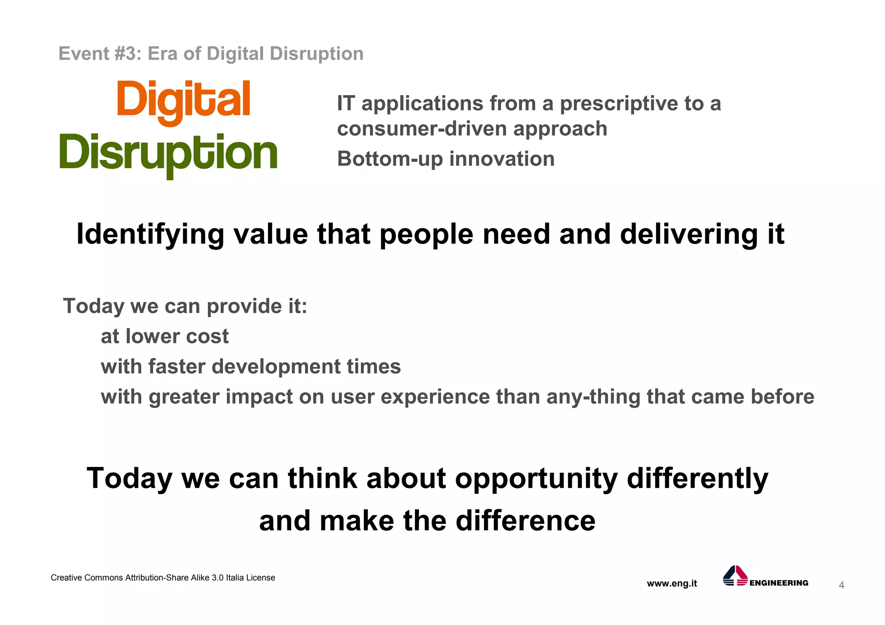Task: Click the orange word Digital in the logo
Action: [183, 100]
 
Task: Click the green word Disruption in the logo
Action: [169, 153]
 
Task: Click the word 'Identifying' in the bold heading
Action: [150, 235]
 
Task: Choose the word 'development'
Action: [276, 367]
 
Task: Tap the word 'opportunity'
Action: [536, 479]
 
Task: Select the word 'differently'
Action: [697, 479]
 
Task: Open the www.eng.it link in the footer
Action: [672, 584]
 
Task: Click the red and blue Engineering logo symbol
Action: [735, 576]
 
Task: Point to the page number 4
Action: [841, 585]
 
